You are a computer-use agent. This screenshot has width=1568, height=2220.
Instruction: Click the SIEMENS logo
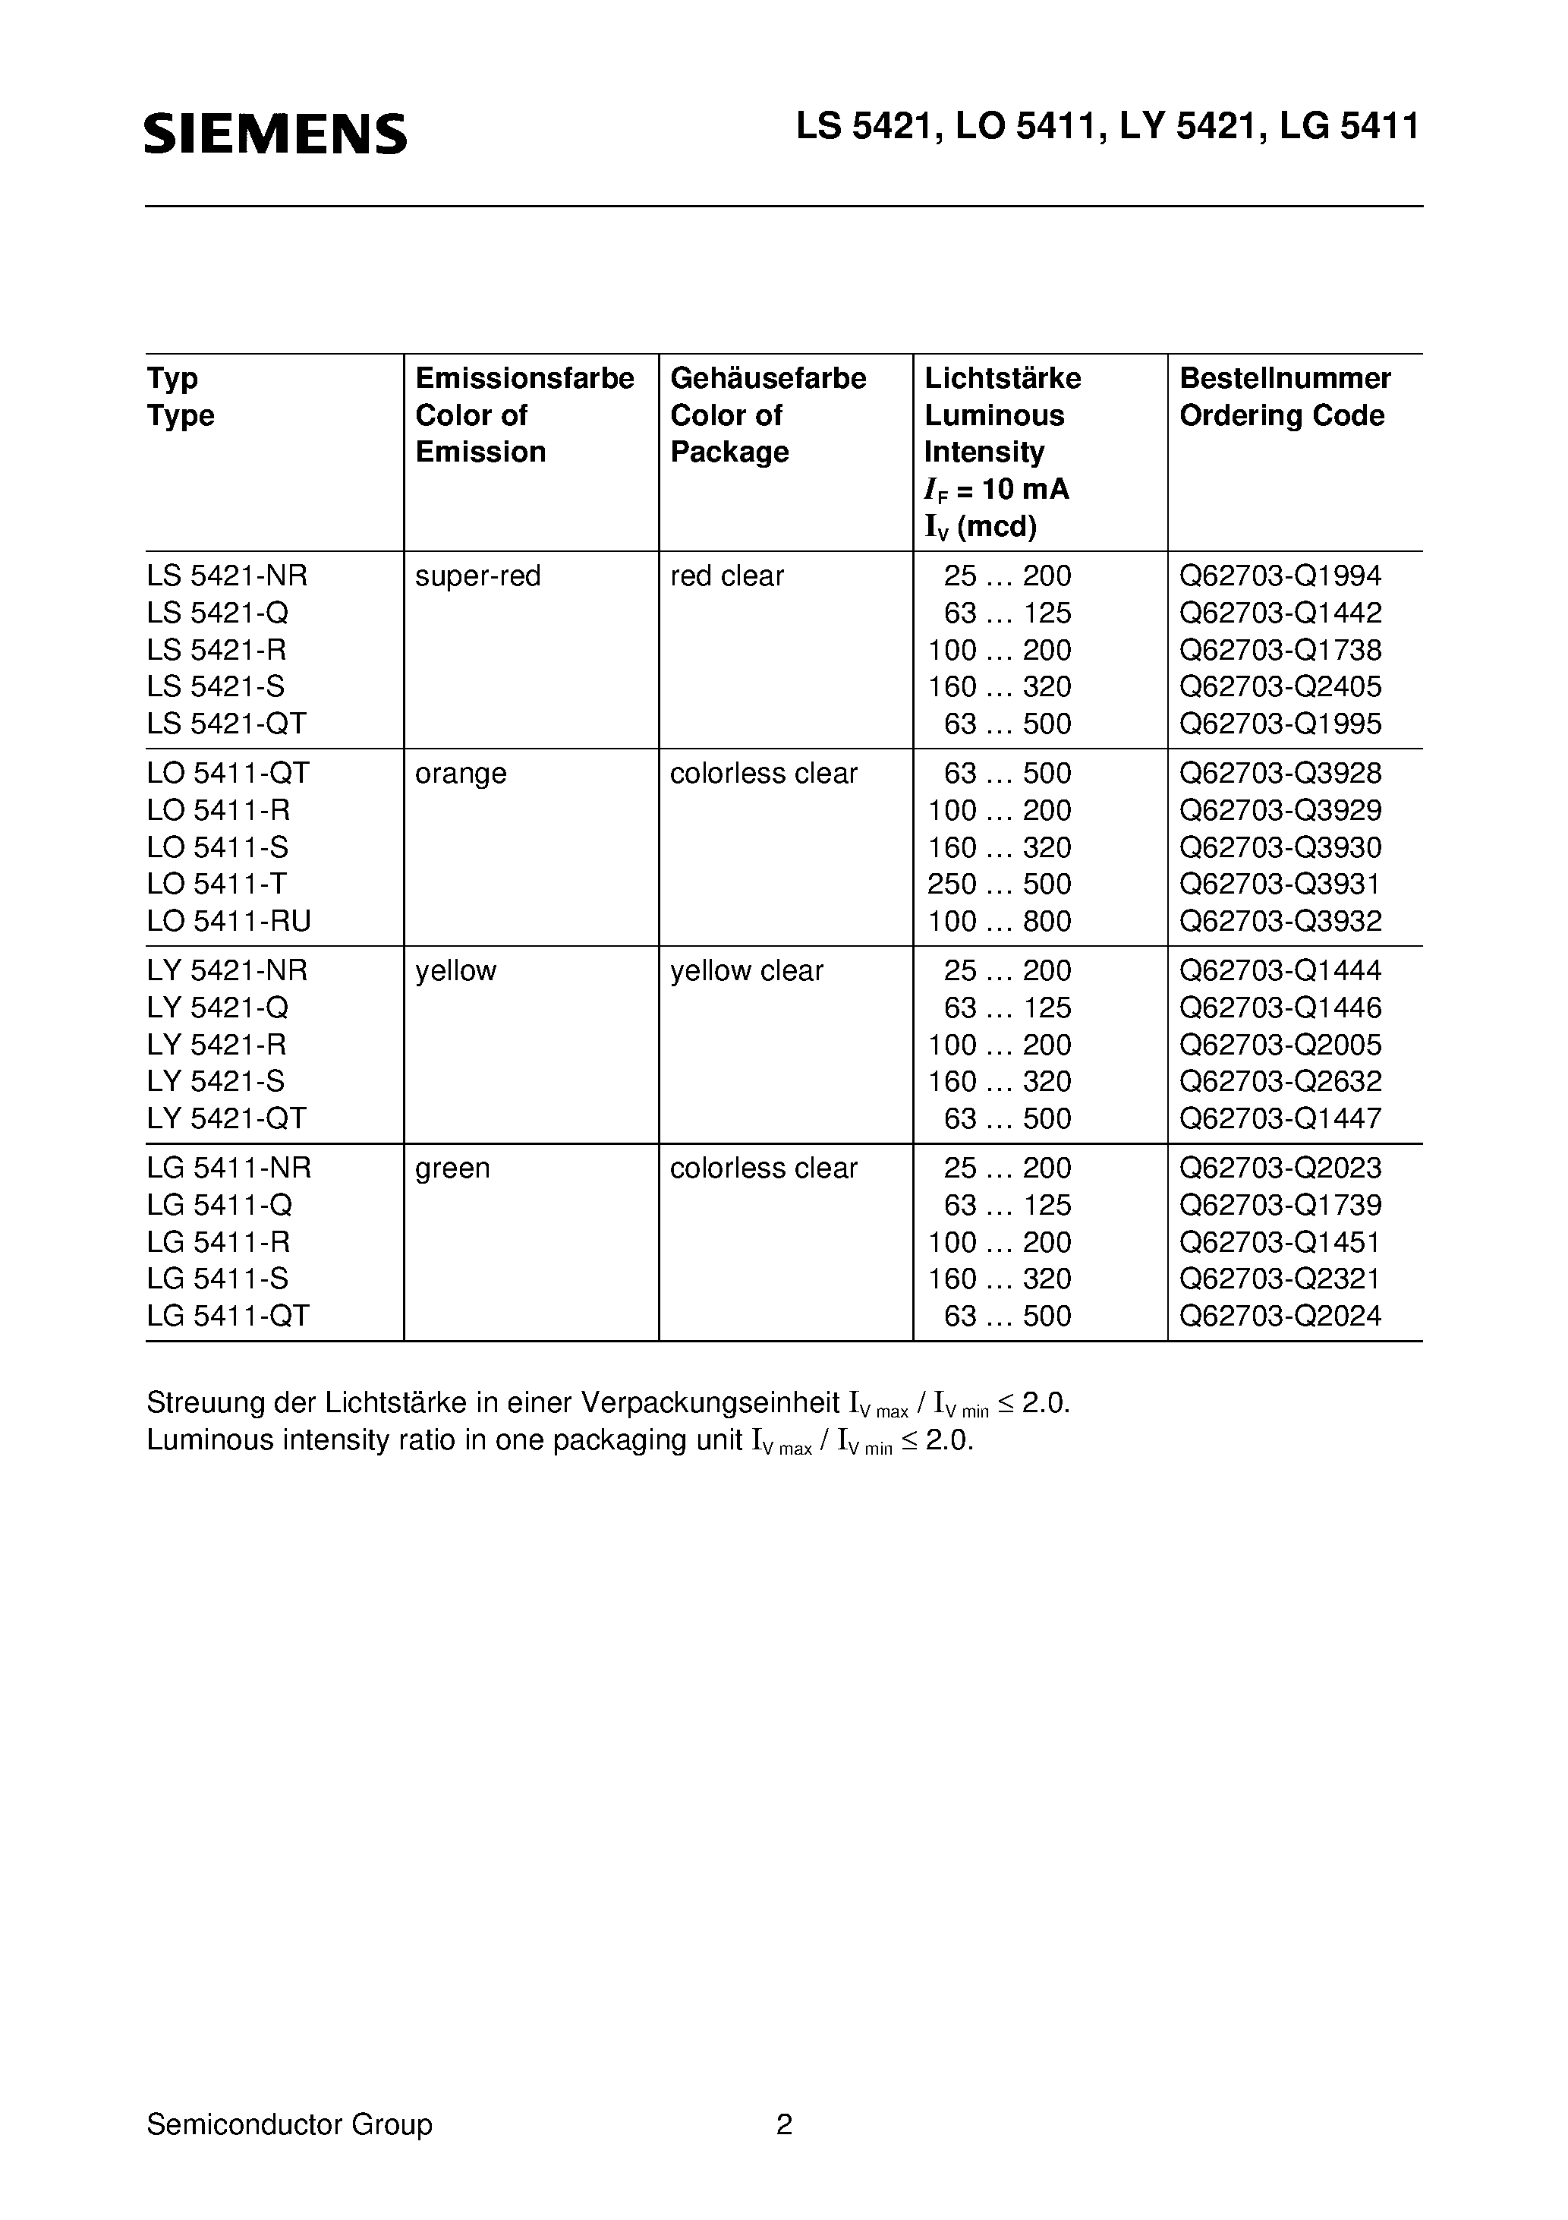point(276,134)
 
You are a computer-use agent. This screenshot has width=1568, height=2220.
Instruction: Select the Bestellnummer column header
point(1285,378)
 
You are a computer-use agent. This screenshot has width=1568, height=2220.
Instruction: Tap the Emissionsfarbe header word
point(524,378)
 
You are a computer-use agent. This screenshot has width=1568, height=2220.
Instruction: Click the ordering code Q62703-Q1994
point(1280,576)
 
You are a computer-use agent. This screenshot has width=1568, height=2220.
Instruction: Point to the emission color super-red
point(477,576)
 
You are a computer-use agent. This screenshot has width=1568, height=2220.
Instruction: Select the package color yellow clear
point(746,971)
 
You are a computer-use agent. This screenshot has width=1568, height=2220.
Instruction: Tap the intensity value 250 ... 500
point(1000,885)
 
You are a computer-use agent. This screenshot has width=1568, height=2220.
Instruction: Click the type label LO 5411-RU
point(228,922)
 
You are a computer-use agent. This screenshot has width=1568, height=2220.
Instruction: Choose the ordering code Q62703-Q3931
point(1280,885)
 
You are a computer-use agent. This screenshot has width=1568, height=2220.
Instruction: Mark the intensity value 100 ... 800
point(1000,922)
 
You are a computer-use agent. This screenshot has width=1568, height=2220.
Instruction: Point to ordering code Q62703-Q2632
point(1280,1082)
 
